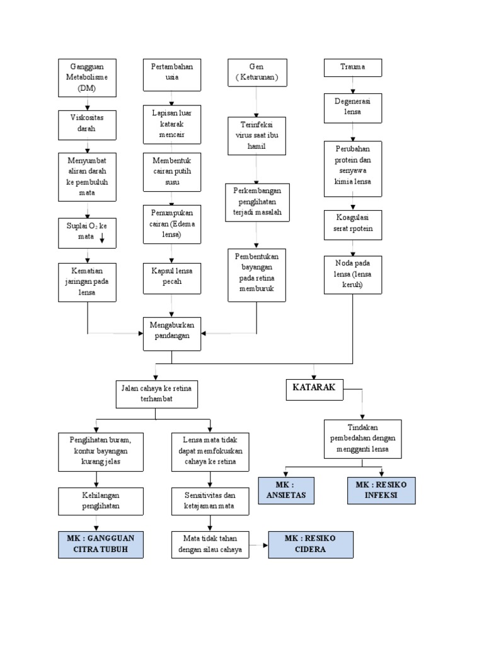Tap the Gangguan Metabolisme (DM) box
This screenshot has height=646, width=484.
click(x=88, y=78)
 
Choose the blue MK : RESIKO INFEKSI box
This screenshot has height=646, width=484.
click(x=381, y=490)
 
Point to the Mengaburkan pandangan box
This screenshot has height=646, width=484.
click(x=172, y=333)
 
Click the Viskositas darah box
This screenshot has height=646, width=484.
click(x=88, y=125)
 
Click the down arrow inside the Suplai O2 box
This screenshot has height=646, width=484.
click(x=102, y=237)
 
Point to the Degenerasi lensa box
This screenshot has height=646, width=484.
click(x=353, y=108)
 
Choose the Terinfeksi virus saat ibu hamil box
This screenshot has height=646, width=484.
click(x=256, y=135)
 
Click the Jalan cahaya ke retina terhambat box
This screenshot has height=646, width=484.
click(x=156, y=394)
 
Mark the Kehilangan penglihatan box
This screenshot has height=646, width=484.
click(x=96, y=501)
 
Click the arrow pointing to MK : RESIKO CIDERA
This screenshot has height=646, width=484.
click(x=258, y=544)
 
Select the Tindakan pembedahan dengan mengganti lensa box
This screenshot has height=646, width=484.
click(x=362, y=439)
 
